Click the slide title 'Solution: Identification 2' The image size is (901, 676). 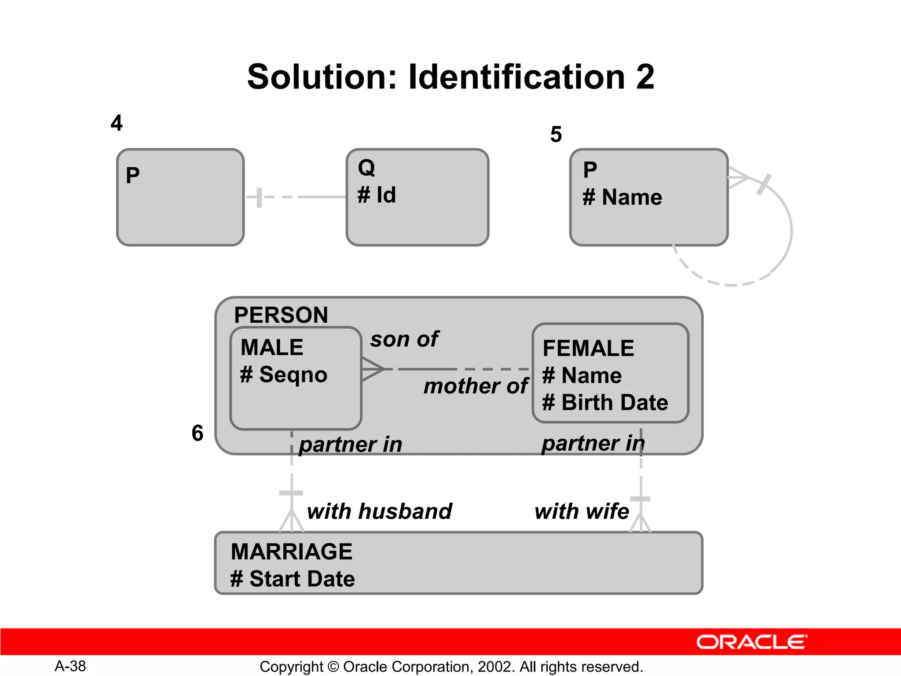tap(450, 77)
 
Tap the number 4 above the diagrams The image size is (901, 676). tap(117, 123)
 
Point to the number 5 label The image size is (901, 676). tap(556, 134)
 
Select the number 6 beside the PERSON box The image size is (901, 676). tap(198, 433)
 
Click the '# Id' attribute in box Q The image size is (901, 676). tap(377, 195)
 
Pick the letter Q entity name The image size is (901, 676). tap(366, 168)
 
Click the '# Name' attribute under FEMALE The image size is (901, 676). tap(582, 376)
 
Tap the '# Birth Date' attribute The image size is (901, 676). tap(605, 403)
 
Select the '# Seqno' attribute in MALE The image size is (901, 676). tap(284, 375)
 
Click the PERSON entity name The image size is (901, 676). tap(281, 315)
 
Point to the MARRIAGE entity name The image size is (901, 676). tap(292, 552)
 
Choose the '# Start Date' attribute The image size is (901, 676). tap(293, 579)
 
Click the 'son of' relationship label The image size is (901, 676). tap(404, 339)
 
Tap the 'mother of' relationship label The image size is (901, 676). tap(476, 386)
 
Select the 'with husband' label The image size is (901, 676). tap(380, 511)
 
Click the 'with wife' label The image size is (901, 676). tap(582, 511)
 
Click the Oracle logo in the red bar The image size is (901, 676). tap(751, 642)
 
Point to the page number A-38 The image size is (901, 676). tap(70, 666)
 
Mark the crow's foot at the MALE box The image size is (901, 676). tap(372, 369)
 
